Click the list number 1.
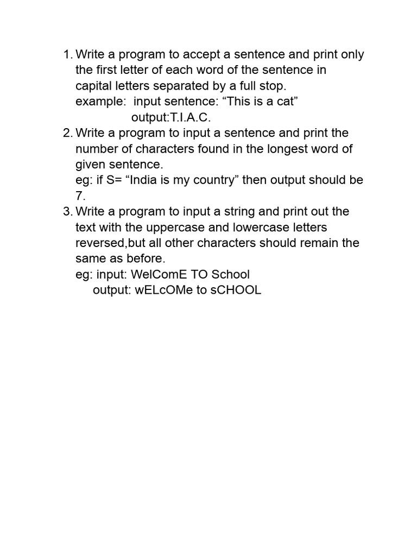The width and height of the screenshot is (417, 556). [x=67, y=54]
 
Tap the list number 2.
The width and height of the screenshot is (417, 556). [x=67, y=133]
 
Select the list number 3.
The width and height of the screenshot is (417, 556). [x=67, y=211]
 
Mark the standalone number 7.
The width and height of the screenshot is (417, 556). [x=80, y=196]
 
